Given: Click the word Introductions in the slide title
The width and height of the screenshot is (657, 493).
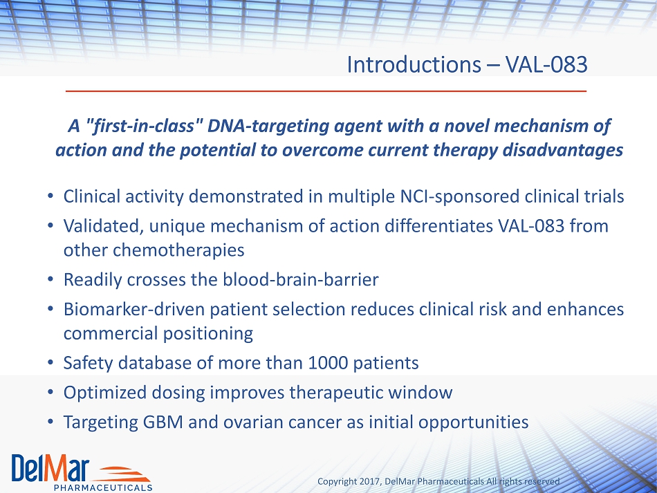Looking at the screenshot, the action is tap(414, 64).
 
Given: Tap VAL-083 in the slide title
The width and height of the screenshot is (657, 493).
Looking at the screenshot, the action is tap(546, 64).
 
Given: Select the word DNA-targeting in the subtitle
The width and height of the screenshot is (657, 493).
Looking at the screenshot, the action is tap(268, 127).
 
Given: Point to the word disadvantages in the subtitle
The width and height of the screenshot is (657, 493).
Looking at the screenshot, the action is tap(563, 150).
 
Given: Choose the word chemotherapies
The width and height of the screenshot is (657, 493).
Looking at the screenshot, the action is tap(178, 250).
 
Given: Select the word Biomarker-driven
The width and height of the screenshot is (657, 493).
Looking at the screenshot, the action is tap(134, 310).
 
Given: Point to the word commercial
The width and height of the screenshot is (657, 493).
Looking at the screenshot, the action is tap(111, 334).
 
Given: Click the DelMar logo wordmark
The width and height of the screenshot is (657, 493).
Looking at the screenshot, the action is tap(50, 467).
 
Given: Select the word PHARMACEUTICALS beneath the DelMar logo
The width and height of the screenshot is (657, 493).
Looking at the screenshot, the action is tap(103, 487).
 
